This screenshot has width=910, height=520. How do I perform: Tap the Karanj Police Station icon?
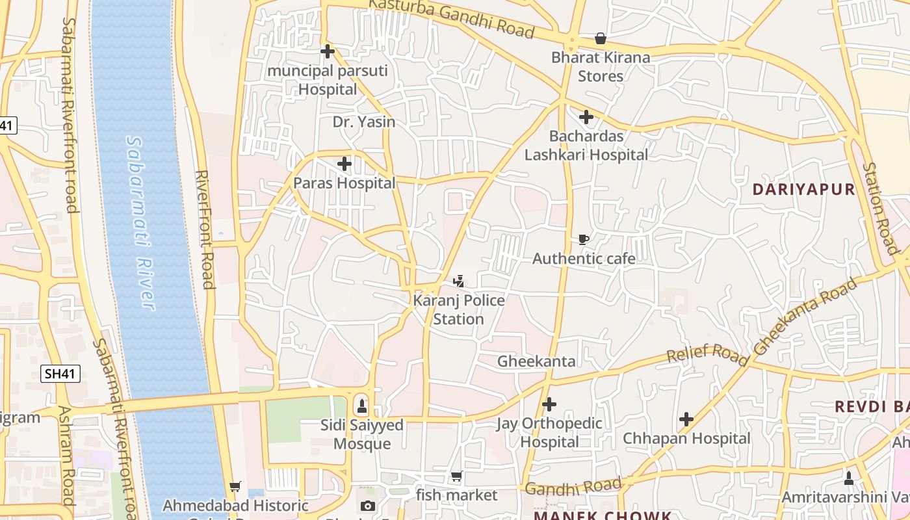459,281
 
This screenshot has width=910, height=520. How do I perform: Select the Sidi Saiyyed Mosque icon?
362,407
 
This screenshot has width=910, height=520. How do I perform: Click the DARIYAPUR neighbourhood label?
803,189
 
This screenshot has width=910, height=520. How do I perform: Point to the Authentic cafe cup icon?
584,240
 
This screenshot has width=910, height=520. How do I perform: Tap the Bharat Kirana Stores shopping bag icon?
601,39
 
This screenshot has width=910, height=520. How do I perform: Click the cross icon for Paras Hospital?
344,164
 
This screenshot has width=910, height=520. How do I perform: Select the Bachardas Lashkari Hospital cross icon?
586,117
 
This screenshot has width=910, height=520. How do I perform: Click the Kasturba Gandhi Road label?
451,18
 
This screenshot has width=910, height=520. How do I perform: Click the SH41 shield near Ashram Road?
60,374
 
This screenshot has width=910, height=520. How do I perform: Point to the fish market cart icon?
457,476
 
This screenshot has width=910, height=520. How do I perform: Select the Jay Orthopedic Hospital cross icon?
549,404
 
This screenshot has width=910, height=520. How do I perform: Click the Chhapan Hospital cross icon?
686,419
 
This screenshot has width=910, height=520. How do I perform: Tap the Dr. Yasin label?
364,122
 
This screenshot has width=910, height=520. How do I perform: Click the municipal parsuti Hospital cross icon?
328,51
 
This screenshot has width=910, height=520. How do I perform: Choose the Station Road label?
881,208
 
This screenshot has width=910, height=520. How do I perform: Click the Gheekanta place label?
536,361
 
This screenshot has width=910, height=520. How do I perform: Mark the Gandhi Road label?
573,486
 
